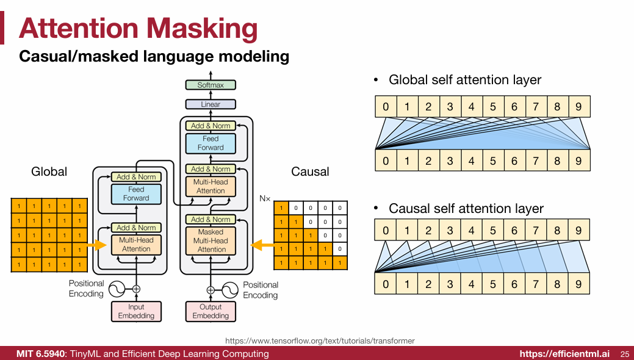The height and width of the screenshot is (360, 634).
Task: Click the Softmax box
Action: click(211, 85)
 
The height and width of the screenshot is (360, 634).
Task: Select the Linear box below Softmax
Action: click(211, 104)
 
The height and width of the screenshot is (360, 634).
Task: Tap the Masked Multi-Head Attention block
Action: click(211, 240)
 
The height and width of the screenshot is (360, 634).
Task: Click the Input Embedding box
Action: click(136, 311)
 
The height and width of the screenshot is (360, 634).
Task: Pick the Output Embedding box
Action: click(211, 311)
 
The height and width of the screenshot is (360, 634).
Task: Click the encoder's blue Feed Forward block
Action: click(136, 194)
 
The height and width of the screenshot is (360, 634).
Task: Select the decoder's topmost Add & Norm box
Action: click(211, 126)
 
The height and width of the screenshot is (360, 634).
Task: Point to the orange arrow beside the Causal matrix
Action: click(263, 245)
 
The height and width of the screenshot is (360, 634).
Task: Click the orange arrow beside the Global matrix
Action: click(97, 245)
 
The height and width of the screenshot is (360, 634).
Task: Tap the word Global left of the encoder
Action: click(49, 172)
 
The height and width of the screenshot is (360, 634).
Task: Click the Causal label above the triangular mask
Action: click(310, 172)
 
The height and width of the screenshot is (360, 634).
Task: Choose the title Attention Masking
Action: click(138, 29)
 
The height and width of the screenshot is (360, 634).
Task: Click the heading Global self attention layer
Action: click(465, 80)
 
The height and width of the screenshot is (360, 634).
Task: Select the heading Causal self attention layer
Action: click(466, 209)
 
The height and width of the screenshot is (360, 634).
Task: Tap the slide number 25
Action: click(624, 354)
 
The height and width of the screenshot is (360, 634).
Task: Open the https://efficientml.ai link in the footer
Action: click(564, 354)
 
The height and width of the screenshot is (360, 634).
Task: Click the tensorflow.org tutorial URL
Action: click(320, 340)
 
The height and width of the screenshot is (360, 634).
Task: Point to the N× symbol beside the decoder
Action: click(264, 199)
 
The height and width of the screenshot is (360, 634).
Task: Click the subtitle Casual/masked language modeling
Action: click(154, 57)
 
